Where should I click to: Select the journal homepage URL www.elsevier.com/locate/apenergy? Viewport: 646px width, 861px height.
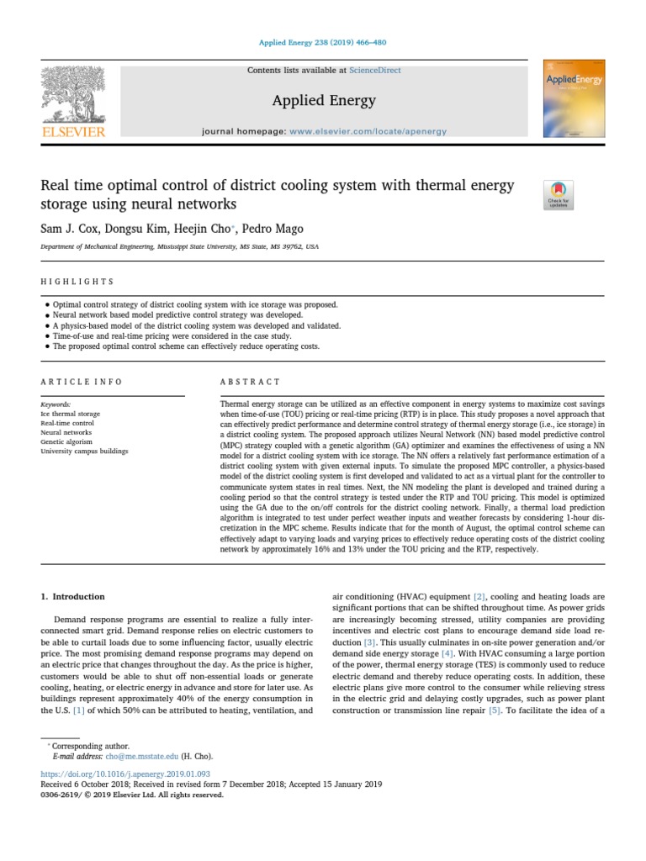click(368, 132)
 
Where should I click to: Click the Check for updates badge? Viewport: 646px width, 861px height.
click(559, 195)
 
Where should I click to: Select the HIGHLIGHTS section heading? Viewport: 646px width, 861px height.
click(77, 282)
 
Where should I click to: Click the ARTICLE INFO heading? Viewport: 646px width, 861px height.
click(82, 382)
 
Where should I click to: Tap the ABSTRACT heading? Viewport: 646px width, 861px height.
click(250, 382)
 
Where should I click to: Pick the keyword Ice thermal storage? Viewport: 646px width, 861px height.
click(70, 414)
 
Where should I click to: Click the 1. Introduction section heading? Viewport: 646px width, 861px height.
click(73, 596)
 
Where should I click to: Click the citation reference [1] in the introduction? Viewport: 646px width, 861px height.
click(79, 710)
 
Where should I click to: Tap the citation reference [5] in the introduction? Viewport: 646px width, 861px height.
click(495, 710)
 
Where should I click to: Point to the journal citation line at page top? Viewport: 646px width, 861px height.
click(323, 44)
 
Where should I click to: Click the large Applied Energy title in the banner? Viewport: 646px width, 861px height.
click(324, 101)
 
